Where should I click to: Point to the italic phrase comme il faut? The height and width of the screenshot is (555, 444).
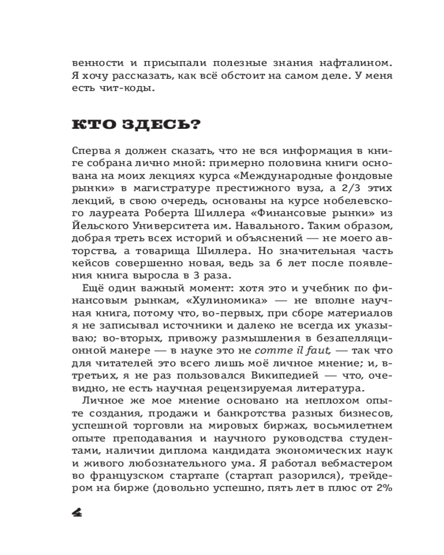click(x=284, y=351)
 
